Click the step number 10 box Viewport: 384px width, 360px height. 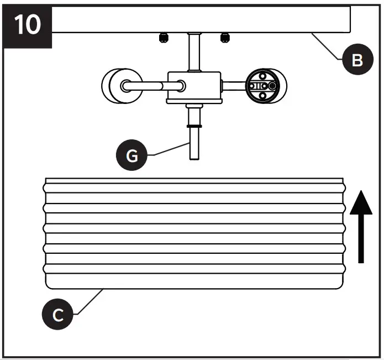(27, 25)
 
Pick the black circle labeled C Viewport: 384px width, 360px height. (57, 316)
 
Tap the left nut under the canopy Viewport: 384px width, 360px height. (163, 37)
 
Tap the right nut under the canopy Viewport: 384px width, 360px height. (224, 37)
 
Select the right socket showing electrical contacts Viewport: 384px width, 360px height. (262, 86)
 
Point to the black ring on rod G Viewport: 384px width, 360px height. (194, 126)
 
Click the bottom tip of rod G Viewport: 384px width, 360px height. (194, 158)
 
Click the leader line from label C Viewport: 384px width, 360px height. (88, 301)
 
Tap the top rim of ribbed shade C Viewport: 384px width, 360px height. (193, 180)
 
